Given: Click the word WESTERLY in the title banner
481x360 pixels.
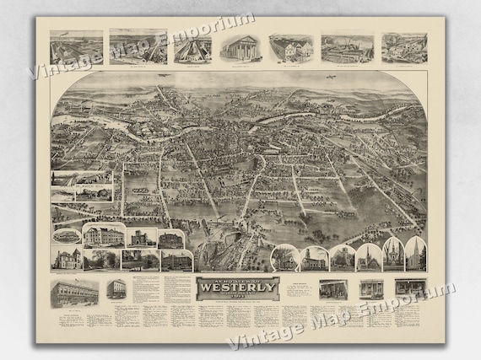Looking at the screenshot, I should click(238, 295).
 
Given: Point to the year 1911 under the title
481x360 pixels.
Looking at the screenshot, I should click(238, 304).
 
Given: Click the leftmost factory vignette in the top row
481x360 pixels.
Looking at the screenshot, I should click(77, 47).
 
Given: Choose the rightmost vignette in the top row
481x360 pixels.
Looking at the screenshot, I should click(403, 47).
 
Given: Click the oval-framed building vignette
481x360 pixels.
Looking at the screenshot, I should click(67, 236).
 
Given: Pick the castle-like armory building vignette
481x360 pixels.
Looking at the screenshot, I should click(139, 239).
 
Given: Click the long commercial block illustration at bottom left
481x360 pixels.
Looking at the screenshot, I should click(74, 293).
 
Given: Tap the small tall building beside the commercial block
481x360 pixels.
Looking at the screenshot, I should click(116, 290).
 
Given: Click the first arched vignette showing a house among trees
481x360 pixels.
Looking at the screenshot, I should click(286, 258).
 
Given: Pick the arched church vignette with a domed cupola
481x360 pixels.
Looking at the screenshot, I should click(392, 256).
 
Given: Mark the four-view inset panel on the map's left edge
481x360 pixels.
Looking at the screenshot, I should click(81, 187).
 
